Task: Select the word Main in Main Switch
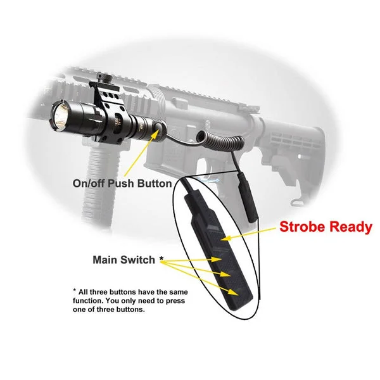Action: tap(104, 260)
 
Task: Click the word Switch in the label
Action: tap(137, 260)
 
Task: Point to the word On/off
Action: tap(89, 184)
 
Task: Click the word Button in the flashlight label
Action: tap(155, 184)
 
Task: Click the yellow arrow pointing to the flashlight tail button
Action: tap(142, 153)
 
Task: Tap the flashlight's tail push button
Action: tap(159, 128)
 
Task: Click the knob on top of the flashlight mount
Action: tap(104, 78)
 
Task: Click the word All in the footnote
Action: tap(82, 292)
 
